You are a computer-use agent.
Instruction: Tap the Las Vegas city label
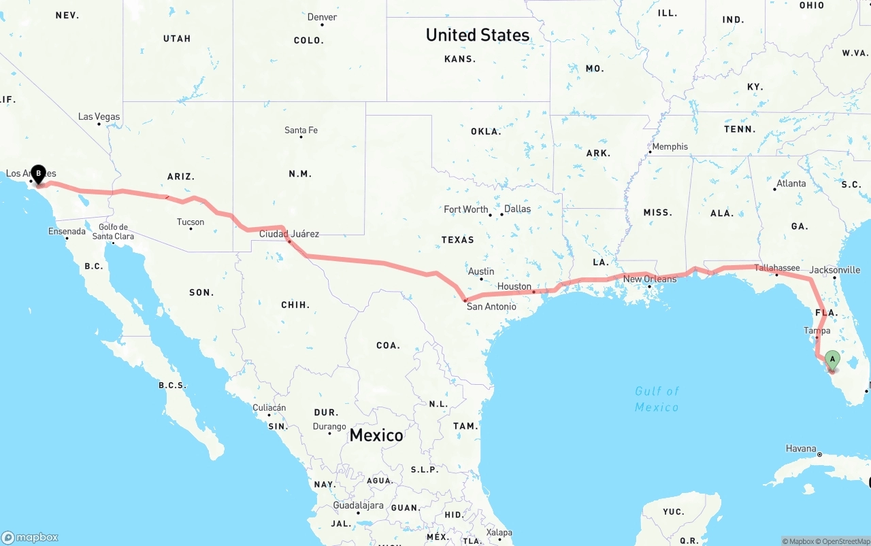tap(99, 117)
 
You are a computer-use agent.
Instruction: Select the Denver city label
tap(322, 17)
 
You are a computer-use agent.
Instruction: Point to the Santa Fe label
tap(301, 130)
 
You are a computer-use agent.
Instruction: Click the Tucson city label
tap(191, 222)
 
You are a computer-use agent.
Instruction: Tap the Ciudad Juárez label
tap(289, 234)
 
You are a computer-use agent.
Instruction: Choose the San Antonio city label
tap(491, 307)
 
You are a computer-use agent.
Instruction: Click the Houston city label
tap(514, 287)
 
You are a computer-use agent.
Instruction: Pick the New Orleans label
tap(650, 279)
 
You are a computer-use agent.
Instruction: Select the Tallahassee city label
tap(776, 268)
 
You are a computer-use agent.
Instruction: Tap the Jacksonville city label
tap(835, 270)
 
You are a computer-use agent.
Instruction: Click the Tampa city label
tap(817, 331)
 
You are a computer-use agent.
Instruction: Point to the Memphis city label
tap(670, 147)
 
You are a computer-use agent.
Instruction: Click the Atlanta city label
tap(791, 184)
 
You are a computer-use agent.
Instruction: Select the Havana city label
tap(801, 449)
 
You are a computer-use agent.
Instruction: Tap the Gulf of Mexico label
tap(657, 399)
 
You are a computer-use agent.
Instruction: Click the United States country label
tap(478, 35)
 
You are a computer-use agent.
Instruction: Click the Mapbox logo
tap(30, 538)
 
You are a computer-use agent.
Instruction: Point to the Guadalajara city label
tap(357, 506)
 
